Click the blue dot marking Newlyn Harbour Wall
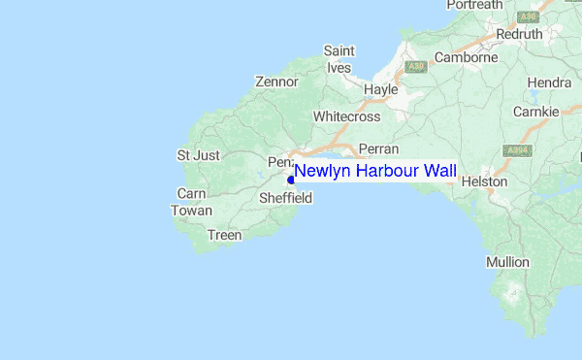(291, 180)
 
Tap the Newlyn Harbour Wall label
(374, 171)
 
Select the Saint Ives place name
(339, 59)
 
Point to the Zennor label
(276, 82)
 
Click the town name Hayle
(381, 89)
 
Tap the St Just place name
(198, 155)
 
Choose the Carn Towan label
(191, 202)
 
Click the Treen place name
(224, 235)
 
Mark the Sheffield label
(285, 199)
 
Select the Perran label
(379, 149)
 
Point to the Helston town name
(485, 181)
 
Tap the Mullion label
(507, 262)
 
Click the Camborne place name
(466, 57)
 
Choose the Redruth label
(520, 33)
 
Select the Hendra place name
(550, 83)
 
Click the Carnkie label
(536, 112)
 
